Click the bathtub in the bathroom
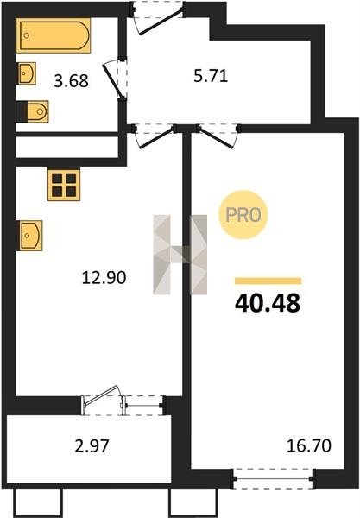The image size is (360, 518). click(x=54, y=35)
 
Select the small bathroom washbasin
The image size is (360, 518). click(x=27, y=73)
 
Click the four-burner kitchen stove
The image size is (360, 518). click(x=64, y=185)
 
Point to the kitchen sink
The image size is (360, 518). click(x=29, y=235)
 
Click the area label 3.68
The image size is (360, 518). click(x=72, y=81)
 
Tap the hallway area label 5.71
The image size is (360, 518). click(x=211, y=76)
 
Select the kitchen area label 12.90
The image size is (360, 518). click(x=104, y=277)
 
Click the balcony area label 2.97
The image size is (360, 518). click(x=92, y=446)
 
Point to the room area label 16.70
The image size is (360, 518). click(x=309, y=445)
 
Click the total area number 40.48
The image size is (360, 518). click(x=268, y=303)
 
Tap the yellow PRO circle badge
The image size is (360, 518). click(x=243, y=215)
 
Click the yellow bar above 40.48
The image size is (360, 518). click(x=268, y=281)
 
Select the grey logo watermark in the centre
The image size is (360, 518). click(x=180, y=255)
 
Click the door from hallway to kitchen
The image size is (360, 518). click(x=155, y=136)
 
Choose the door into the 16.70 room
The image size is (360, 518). click(x=218, y=136)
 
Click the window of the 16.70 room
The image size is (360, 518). click(x=273, y=478)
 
